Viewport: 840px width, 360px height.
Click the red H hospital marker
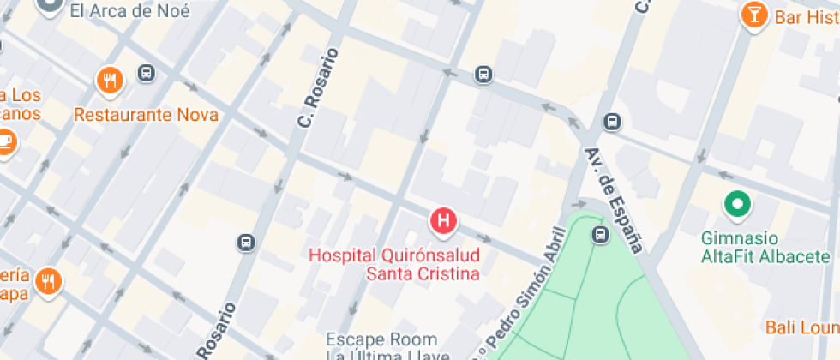pyautogui.click(x=443, y=221)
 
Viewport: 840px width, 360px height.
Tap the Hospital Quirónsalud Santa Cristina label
pyautogui.click(x=394, y=264)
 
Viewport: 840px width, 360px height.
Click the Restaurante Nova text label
pyautogui.click(x=146, y=115)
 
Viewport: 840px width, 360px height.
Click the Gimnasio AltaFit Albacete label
pyautogui.click(x=765, y=247)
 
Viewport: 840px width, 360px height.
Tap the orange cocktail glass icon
pyautogui.click(x=753, y=15)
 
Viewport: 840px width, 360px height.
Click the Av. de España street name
pyautogui.click(x=613, y=200)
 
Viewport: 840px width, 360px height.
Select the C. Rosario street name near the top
pyautogui.click(x=318, y=88)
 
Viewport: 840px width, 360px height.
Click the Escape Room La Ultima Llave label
pyautogui.click(x=381, y=347)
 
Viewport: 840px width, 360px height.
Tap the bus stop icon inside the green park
pyautogui.click(x=601, y=234)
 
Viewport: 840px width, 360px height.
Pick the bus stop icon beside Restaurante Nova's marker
pyautogui.click(x=147, y=74)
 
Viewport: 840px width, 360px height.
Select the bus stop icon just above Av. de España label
pyautogui.click(x=611, y=122)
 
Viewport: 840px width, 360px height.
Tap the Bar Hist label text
pyautogui.click(x=806, y=17)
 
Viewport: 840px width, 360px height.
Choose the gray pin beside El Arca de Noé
pyautogui.click(x=50, y=7)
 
